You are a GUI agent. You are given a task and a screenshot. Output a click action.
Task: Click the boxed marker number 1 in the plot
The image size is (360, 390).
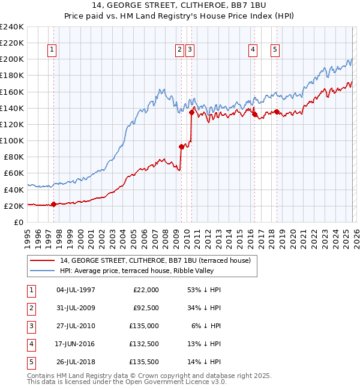coord(53,50)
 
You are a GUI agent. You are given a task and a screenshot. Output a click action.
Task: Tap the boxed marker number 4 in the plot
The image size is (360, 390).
coord(253,50)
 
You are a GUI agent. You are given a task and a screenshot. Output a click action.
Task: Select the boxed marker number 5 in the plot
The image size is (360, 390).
coord(275,50)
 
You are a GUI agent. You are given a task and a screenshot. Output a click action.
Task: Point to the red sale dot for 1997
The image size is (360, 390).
coord(53,204)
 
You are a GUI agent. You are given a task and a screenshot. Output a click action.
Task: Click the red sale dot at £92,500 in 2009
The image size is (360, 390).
coord(181,146)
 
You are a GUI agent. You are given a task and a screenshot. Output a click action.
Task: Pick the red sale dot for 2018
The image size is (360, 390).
coord(277,112)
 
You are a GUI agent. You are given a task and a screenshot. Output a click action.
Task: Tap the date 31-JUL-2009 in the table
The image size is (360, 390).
coord(75,308)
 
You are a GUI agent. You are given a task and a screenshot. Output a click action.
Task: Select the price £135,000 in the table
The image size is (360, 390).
coord(145,326)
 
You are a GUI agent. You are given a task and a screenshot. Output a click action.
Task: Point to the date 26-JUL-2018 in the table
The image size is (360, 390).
coord(75,362)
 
